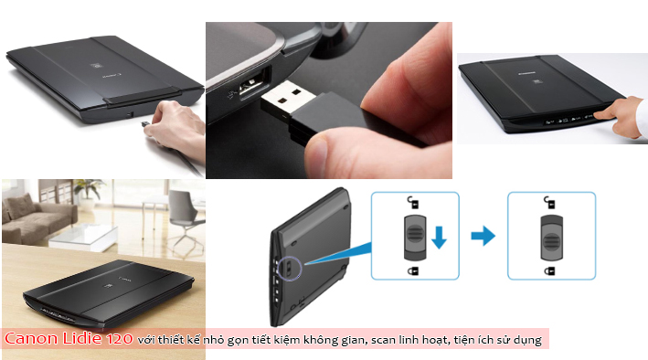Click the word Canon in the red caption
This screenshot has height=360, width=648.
31,338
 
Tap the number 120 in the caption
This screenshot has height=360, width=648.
120,339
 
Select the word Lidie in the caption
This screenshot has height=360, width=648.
82,338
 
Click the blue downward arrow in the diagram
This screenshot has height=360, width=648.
439,238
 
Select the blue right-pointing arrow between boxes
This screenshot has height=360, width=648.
483,236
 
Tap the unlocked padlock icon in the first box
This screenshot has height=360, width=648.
413,202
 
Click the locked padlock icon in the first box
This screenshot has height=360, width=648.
413,270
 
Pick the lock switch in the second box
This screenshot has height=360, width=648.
551,238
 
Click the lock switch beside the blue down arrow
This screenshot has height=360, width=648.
415,238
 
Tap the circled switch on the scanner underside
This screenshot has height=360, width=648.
290,269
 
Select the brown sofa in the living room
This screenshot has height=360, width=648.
37,218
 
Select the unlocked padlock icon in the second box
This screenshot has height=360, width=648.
549,202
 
